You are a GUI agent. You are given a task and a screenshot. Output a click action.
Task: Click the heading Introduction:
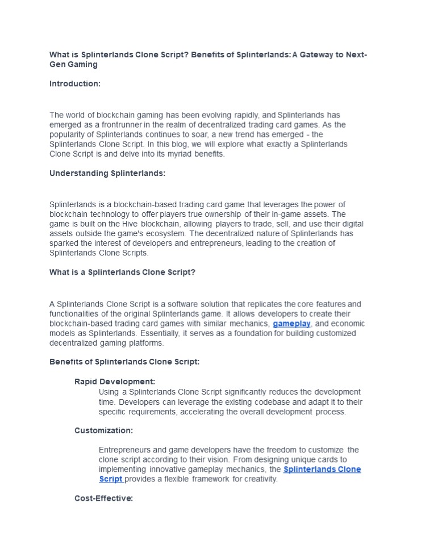[75, 84]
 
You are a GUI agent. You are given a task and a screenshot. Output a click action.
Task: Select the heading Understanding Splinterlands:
[107, 173]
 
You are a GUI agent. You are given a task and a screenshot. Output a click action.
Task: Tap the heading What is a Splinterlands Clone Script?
[122, 272]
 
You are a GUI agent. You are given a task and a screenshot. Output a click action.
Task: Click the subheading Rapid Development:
[115, 381]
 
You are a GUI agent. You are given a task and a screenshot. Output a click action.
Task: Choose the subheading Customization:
[104, 430]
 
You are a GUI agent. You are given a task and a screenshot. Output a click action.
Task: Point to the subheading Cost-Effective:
[104, 498]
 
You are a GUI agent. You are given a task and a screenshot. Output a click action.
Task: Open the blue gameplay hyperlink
[291, 324]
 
